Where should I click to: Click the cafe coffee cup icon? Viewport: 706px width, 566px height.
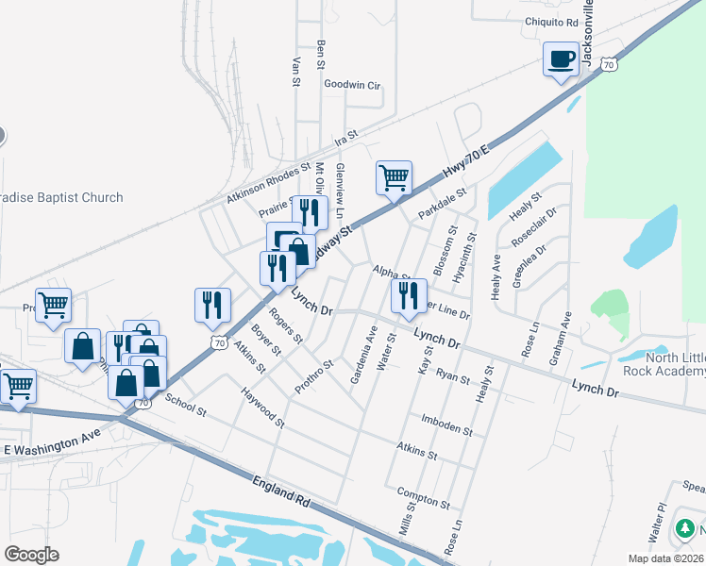(x=561, y=59)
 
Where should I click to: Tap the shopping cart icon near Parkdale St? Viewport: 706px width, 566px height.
(x=394, y=176)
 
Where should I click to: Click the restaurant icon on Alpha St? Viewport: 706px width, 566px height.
(x=409, y=295)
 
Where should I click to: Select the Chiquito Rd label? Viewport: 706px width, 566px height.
(x=552, y=22)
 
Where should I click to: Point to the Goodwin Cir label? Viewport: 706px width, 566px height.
(x=351, y=85)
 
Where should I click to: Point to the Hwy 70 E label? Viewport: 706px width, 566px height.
(x=468, y=162)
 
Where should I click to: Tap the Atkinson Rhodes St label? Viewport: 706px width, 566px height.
(x=268, y=183)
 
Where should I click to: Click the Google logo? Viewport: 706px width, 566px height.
(x=31, y=555)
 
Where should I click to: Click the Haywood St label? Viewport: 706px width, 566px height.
(x=261, y=407)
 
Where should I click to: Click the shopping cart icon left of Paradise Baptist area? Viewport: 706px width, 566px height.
(x=54, y=305)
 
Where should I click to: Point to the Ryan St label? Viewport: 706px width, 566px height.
(x=453, y=376)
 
